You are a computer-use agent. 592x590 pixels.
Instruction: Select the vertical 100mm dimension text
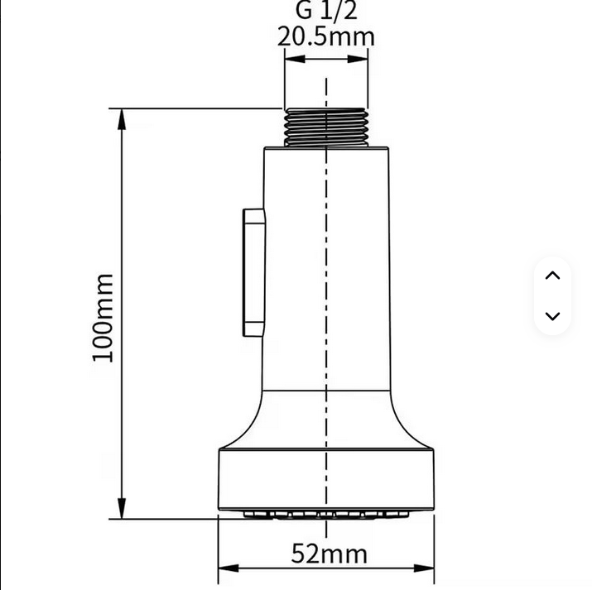(x=103, y=317)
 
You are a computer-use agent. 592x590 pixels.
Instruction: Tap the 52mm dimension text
(x=329, y=553)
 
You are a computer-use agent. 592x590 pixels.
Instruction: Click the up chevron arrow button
(x=553, y=276)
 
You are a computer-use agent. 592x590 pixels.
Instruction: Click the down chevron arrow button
(x=553, y=315)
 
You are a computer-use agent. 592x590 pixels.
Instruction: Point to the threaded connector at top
(x=326, y=127)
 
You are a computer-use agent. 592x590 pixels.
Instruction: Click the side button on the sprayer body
(x=253, y=272)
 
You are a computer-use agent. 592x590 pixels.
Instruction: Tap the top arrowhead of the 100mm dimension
(x=122, y=117)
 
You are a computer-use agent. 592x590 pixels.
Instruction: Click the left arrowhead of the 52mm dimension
(x=226, y=568)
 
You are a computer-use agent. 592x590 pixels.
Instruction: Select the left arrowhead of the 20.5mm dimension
(x=292, y=60)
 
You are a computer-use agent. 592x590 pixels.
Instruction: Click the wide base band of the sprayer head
(x=326, y=480)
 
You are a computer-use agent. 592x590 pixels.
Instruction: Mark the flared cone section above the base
(x=326, y=422)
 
